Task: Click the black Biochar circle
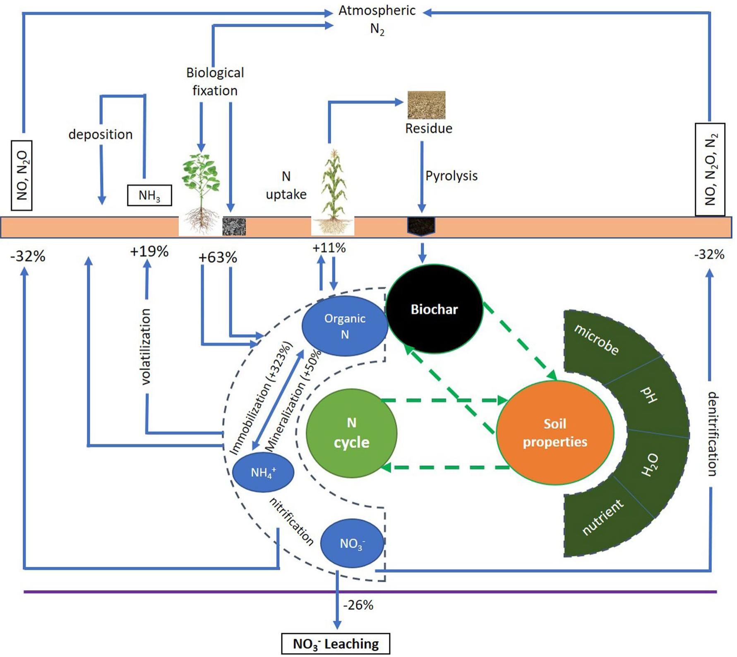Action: click(x=434, y=309)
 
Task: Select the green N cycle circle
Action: click(x=351, y=433)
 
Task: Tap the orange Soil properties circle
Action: click(x=555, y=432)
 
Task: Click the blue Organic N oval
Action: click(x=345, y=326)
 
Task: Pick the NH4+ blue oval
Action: click(x=263, y=472)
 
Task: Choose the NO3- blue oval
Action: click(x=352, y=543)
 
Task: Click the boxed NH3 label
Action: click(x=149, y=195)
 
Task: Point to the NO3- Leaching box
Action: click(x=336, y=644)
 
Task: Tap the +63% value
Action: click(x=218, y=258)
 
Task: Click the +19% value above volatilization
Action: click(x=149, y=251)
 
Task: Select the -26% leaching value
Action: click(x=358, y=605)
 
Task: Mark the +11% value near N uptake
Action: click(x=329, y=248)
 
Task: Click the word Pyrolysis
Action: click(x=451, y=176)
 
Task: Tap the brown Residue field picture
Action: click(x=426, y=105)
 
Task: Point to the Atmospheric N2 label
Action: click(x=377, y=19)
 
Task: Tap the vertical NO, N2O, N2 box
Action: click(x=710, y=169)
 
